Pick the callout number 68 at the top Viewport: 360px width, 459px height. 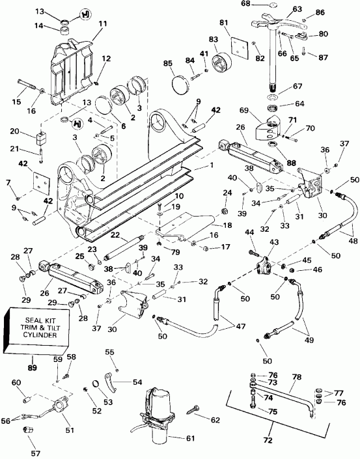(246, 5)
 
